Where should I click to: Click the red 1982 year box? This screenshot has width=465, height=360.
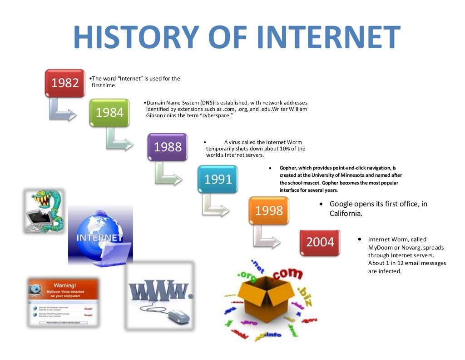pos(65,83)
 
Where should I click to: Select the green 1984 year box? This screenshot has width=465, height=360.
pos(109,112)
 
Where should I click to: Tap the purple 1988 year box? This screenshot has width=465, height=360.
pos(167,147)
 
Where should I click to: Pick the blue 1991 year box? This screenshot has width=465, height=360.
pos(218,179)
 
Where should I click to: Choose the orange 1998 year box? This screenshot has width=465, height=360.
pos(269,210)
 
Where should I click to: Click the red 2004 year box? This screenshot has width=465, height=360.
pos(320,242)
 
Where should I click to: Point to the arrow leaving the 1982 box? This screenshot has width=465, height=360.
pos(61,111)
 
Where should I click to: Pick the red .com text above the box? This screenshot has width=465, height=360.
pos(287,274)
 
